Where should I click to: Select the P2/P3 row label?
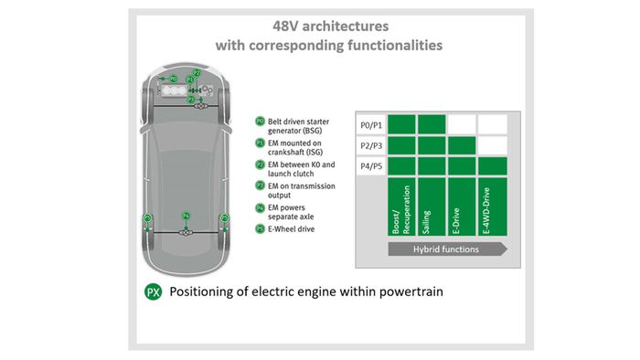click(371, 146)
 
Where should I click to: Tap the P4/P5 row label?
click(371, 167)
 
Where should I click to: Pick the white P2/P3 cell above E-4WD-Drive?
click(493, 145)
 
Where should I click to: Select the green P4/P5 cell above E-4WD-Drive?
click(493, 167)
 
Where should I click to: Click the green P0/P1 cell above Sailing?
click(432, 124)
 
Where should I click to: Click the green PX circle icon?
click(154, 292)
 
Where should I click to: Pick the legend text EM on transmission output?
click(302, 190)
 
